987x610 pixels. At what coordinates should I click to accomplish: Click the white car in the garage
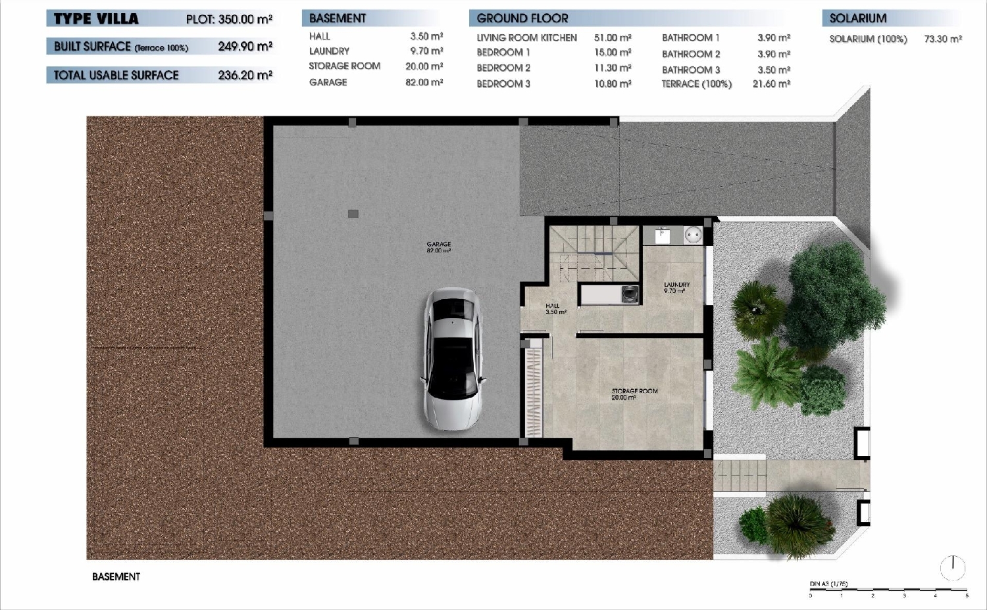click(x=453, y=360)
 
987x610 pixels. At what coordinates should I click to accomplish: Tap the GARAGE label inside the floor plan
click(x=438, y=247)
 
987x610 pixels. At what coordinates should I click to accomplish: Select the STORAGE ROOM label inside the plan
click(x=634, y=394)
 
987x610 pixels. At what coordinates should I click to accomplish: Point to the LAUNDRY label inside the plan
click(x=676, y=287)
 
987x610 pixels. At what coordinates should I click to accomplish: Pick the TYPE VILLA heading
click(x=96, y=19)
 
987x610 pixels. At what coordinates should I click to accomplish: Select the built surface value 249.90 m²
click(x=245, y=47)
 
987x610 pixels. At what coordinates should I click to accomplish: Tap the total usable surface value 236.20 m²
click(x=245, y=76)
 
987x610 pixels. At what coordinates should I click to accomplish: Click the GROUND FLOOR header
click(x=522, y=18)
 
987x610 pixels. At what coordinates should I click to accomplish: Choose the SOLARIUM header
click(x=857, y=18)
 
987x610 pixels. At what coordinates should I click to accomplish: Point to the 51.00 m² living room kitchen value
click(x=613, y=38)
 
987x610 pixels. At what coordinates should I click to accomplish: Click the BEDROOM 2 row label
click(x=503, y=68)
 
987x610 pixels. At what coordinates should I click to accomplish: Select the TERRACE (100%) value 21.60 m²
click(x=771, y=84)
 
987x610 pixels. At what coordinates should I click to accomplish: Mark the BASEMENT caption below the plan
click(x=116, y=576)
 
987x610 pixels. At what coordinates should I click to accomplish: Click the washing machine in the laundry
click(x=630, y=294)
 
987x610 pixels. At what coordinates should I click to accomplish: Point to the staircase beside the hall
click(x=594, y=253)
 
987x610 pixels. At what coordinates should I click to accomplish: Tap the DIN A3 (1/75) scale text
click(x=828, y=584)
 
